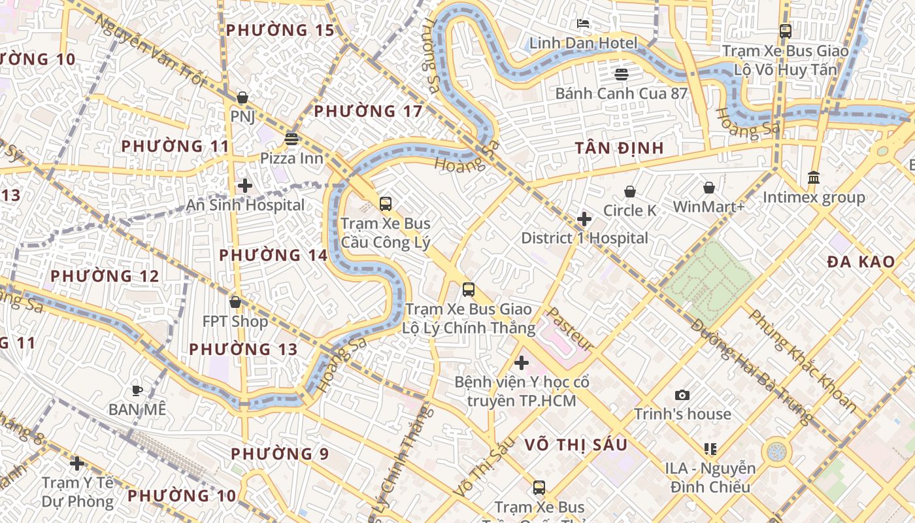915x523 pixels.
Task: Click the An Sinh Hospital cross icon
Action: point(245,186)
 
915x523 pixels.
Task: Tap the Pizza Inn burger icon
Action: point(291,139)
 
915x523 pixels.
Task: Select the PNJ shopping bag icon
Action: point(242,97)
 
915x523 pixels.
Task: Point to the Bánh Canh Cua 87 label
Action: point(621,93)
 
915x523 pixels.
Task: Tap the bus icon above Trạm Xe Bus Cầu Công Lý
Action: point(386,203)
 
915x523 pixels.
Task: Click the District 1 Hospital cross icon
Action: point(584,219)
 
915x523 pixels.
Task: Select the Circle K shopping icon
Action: point(630,191)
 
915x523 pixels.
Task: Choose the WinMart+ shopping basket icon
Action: point(708,188)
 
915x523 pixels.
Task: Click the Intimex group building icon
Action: point(814,177)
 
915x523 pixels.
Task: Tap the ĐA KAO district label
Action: point(861,262)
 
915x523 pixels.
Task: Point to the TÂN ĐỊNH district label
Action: point(620,148)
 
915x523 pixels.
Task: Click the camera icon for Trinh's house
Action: point(682,395)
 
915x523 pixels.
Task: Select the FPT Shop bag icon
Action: point(235,302)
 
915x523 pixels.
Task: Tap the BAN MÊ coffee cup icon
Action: point(137,390)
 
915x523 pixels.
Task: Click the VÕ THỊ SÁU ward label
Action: point(576,445)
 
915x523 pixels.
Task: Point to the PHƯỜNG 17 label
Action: point(368,111)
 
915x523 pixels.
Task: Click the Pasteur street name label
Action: point(570,328)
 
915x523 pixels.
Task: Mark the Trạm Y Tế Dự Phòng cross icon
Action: point(77,464)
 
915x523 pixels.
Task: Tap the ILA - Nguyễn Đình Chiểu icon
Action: point(710,449)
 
